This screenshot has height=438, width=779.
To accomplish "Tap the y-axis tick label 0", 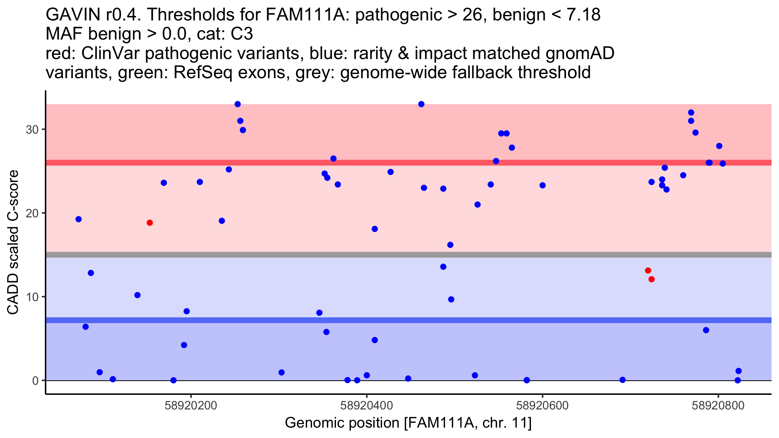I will [35, 381].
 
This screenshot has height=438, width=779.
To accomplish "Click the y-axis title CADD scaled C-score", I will [13, 243].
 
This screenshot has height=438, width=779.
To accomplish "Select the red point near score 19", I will [150, 223].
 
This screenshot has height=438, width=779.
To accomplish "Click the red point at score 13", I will [648, 271].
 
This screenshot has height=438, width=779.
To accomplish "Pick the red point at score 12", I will [651, 279].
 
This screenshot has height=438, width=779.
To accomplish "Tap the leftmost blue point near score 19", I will [79, 219].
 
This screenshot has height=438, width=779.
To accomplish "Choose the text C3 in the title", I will [242, 34].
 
